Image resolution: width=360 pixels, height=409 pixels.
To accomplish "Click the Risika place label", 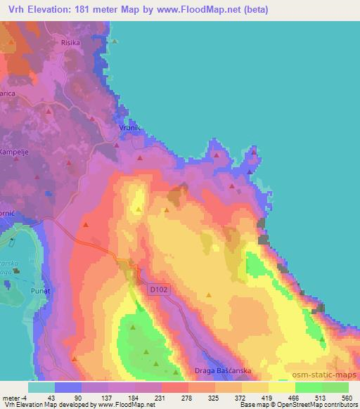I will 91,43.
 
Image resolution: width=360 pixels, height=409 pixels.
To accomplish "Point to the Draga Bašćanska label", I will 222,370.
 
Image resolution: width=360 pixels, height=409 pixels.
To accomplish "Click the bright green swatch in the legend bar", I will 308,387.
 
